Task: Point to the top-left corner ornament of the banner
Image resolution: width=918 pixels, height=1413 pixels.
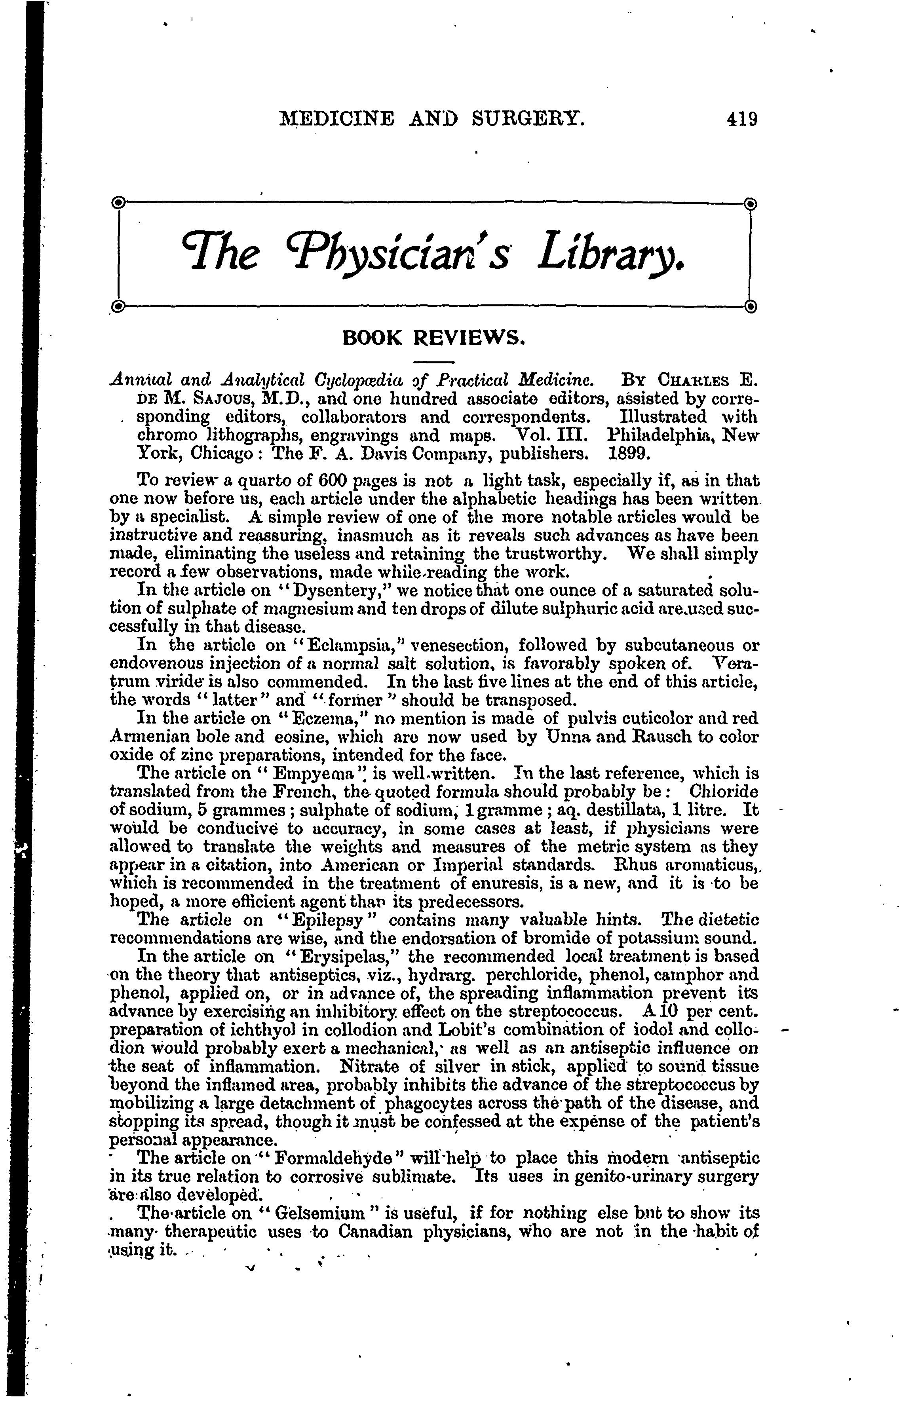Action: pyautogui.click(x=118, y=203)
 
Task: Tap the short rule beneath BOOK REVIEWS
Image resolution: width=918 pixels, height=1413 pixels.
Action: pyautogui.click(x=433, y=362)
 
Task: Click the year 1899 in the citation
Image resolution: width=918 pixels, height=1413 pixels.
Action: pyautogui.click(x=630, y=454)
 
